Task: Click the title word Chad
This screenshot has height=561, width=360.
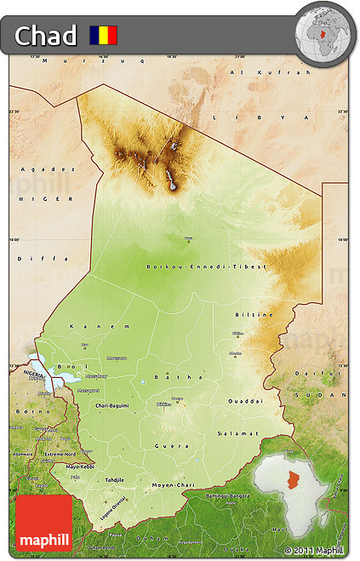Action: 46,36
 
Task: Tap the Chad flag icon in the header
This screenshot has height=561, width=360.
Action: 104,36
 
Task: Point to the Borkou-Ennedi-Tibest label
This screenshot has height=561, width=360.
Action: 206,266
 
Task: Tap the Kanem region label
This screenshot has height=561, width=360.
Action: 89,326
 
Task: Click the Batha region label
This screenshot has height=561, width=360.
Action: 167,376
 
